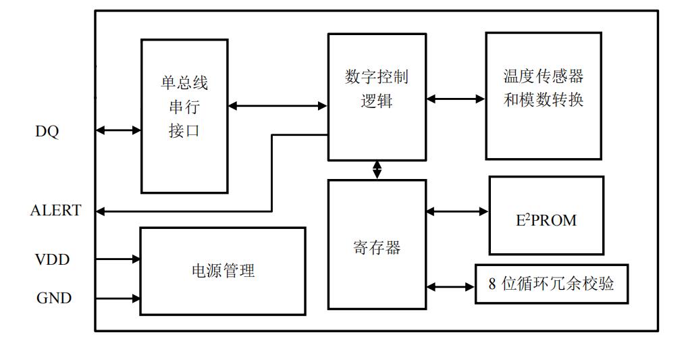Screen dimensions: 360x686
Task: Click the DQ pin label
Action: coord(47,132)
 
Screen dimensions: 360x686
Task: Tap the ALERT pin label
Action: coord(55,211)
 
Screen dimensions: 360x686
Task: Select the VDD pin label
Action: coord(52,259)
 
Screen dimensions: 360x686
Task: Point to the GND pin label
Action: coord(54,298)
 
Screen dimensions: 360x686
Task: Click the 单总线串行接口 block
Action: coord(184,115)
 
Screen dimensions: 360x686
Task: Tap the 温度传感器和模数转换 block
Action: coord(543,95)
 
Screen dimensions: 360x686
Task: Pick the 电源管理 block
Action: coord(222,271)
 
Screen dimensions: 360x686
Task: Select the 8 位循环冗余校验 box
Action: coord(551,284)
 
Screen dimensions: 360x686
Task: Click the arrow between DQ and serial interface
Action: coord(118,130)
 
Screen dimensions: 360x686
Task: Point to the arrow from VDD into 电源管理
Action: coord(118,259)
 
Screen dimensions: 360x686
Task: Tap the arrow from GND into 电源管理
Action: coord(118,297)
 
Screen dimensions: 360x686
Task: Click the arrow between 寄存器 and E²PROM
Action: coord(457,211)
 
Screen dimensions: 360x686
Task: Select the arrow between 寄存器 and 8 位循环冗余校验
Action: coord(450,287)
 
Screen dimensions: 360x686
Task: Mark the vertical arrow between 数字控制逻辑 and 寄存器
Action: coord(377,170)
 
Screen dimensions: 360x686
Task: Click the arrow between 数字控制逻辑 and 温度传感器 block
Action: coord(456,99)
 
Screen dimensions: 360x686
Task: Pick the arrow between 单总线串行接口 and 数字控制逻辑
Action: coord(278,105)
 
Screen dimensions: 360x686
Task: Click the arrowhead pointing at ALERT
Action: coord(101,211)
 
